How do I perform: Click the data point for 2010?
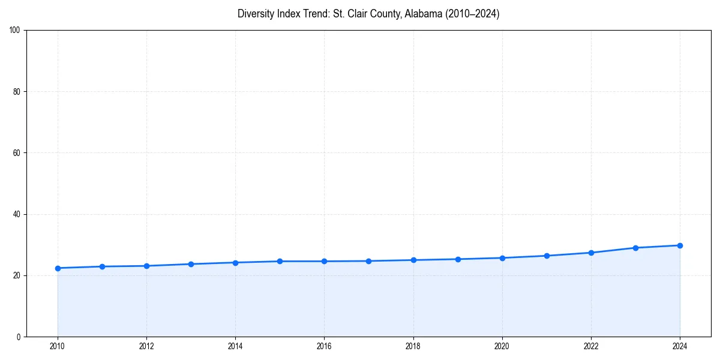pyautogui.click(x=58, y=268)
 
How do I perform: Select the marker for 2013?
pyautogui.click(x=191, y=264)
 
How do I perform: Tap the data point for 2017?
pyautogui.click(x=368, y=261)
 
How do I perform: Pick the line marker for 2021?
pyautogui.click(x=547, y=256)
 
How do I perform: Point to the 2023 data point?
pyautogui.click(x=635, y=248)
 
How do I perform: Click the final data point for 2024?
pyautogui.click(x=680, y=245)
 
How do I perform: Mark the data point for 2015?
pyautogui.click(x=280, y=261)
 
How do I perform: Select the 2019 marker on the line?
pyautogui.click(x=458, y=259)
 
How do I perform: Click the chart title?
pyautogui.click(x=368, y=14)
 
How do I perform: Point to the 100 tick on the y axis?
pyautogui.click(x=16, y=31)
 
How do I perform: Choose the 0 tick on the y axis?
pyautogui.click(x=19, y=337)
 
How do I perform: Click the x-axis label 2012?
pyautogui.click(x=146, y=346)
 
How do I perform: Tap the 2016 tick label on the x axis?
pyautogui.click(x=324, y=346)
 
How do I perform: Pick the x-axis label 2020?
pyautogui.click(x=502, y=346)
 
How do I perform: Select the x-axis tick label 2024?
pyautogui.click(x=680, y=346)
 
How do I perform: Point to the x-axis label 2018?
pyautogui.click(x=413, y=346)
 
